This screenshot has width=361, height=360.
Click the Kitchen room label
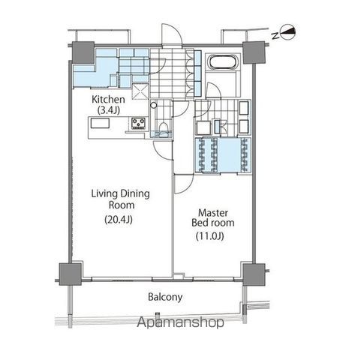[x=108, y=100]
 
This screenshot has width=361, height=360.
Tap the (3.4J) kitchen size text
[x=108, y=110]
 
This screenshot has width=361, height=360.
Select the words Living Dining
[x=120, y=193]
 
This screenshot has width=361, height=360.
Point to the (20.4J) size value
[x=119, y=220]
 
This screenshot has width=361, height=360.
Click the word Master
[x=213, y=213]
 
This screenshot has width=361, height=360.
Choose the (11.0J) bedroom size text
[x=209, y=235]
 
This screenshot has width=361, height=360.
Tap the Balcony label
[x=165, y=297]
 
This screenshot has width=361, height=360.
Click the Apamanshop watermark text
[x=180, y=322]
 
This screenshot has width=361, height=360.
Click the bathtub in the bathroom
[x=223, y=62]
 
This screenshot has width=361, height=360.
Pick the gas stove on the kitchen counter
[x=138, y=123]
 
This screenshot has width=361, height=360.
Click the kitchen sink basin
[x=100, y=124]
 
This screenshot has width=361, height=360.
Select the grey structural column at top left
[x=83, y=52]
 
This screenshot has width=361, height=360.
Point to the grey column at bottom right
[x=254, y=274]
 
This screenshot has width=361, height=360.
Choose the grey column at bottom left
[x=71, y=274]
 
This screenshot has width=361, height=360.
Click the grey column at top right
[x=254, y=52]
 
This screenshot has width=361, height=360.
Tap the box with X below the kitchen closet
[x=140, y=91]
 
